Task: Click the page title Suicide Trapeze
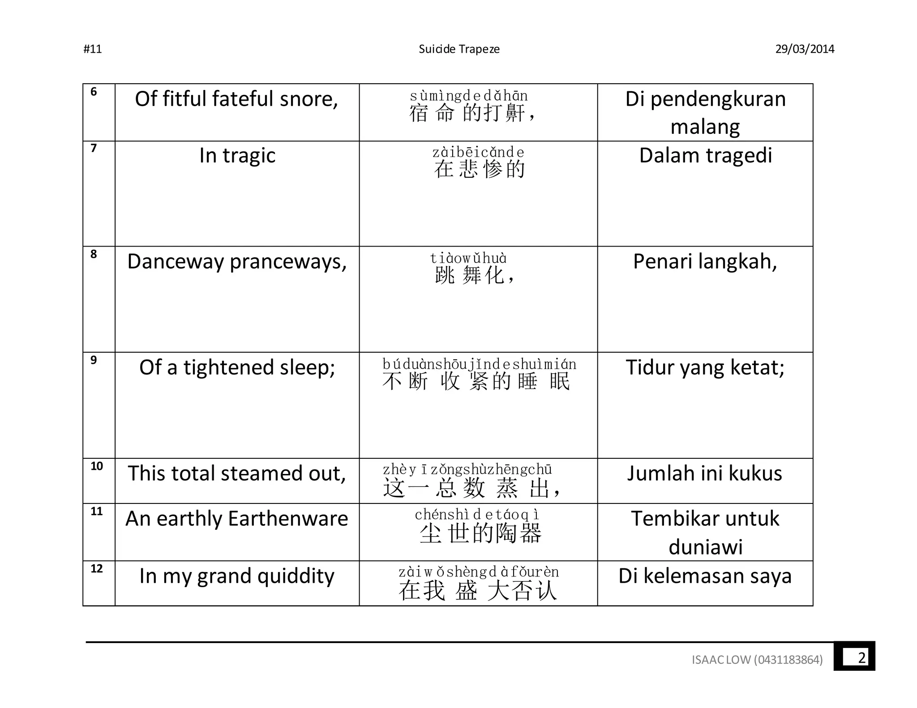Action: [x=459, y=49]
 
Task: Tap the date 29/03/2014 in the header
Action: [x=805, y=49]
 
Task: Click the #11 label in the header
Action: [x=93, y=49]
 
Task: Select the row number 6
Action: [x=94, y=92]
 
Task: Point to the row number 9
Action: [x=94, y=360]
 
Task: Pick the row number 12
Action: [x=97, y=569]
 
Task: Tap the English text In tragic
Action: [x=237, y=156]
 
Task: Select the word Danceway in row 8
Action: [x=176, y=262]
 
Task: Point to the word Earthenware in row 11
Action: [x=288, y=519]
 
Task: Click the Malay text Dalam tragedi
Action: [x=705, y=156]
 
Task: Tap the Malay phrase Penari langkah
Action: [x=705, y=262]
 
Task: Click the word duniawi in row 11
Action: [x=705, y=547]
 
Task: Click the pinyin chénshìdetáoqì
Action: [x=477, y=515]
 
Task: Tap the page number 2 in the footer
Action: [x=861, y=658]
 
